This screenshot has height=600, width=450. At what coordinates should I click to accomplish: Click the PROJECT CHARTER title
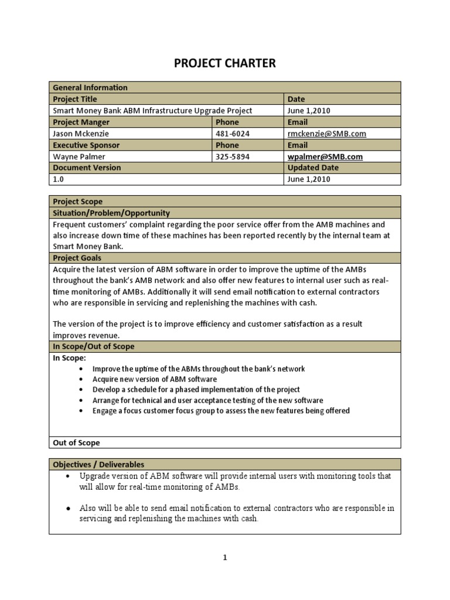[x=224, y=63]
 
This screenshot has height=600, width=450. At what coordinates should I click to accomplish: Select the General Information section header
[x=90, y=87]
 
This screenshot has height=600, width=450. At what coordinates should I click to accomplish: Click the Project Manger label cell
[x=81, y=122]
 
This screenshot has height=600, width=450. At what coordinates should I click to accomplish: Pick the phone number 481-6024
[x=233, y=134]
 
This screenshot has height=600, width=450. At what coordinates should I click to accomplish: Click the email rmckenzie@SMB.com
[x=326, y=134]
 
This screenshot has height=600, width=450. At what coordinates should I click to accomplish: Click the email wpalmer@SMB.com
[x=325, y=156]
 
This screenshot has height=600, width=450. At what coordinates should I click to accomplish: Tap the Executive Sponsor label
[x=86, y=145]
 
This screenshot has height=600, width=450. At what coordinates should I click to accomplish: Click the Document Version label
[x=87, y=168]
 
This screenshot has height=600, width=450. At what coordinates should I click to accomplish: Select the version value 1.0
[x=58, y=179]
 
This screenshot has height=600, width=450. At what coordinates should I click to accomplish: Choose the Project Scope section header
[x=77, y=202]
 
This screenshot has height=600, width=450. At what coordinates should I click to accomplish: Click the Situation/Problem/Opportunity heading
[x=111, y=213]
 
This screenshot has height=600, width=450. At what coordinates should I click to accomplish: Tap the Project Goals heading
[x=77, y=258]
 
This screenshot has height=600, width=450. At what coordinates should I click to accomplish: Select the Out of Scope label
[x=76, y=443]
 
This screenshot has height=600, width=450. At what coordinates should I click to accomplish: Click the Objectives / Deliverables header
[x=98, y=465]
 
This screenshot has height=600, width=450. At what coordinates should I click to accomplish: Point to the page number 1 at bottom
[x=224, y=558]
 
